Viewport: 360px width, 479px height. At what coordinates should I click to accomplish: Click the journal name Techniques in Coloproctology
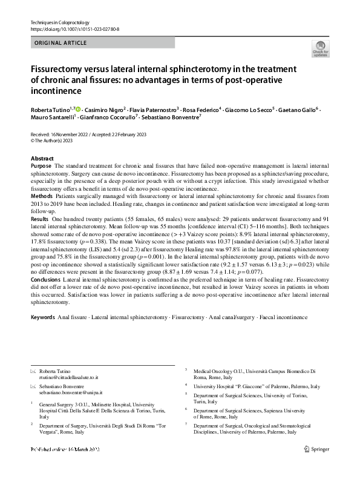(x=59, y=22)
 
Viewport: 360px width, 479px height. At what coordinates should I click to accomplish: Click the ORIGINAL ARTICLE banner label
(x=61, y=44)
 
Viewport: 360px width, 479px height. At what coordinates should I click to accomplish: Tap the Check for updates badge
(x=319, y=48)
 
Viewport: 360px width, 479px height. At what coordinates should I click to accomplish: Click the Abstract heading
(x=42, y=158)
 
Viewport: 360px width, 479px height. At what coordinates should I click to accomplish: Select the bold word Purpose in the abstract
(x=41, y=165)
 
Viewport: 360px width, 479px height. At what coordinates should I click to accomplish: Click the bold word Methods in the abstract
(x=41, y=197)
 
